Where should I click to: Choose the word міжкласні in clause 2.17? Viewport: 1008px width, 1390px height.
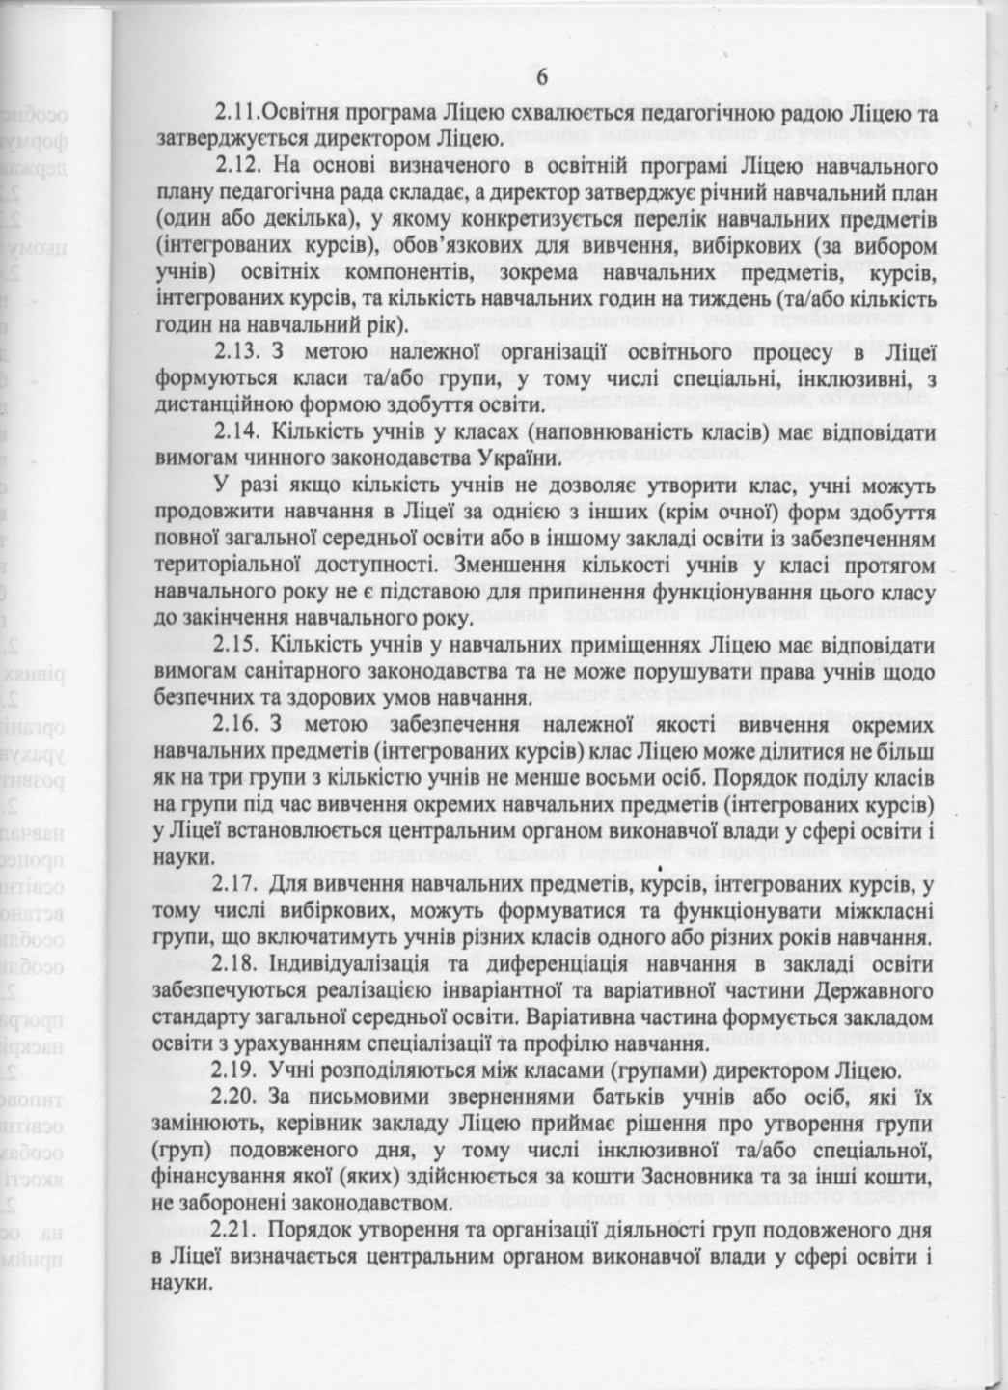tap(880, 912)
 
